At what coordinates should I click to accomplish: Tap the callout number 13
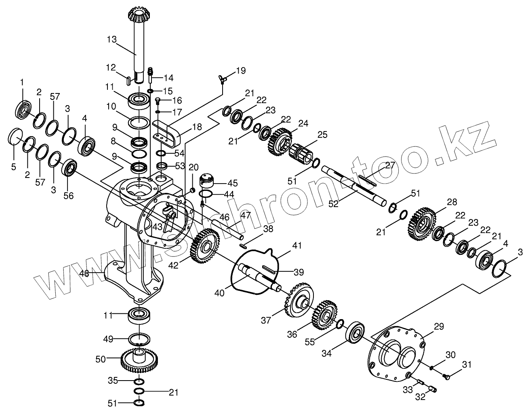point(112,39)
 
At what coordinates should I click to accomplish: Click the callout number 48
point(84,273)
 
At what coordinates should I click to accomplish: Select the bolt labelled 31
point(447,377)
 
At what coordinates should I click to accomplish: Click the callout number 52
point(333,204)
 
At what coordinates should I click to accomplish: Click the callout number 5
point(14,167)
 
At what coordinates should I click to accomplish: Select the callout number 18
point(197,127)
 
